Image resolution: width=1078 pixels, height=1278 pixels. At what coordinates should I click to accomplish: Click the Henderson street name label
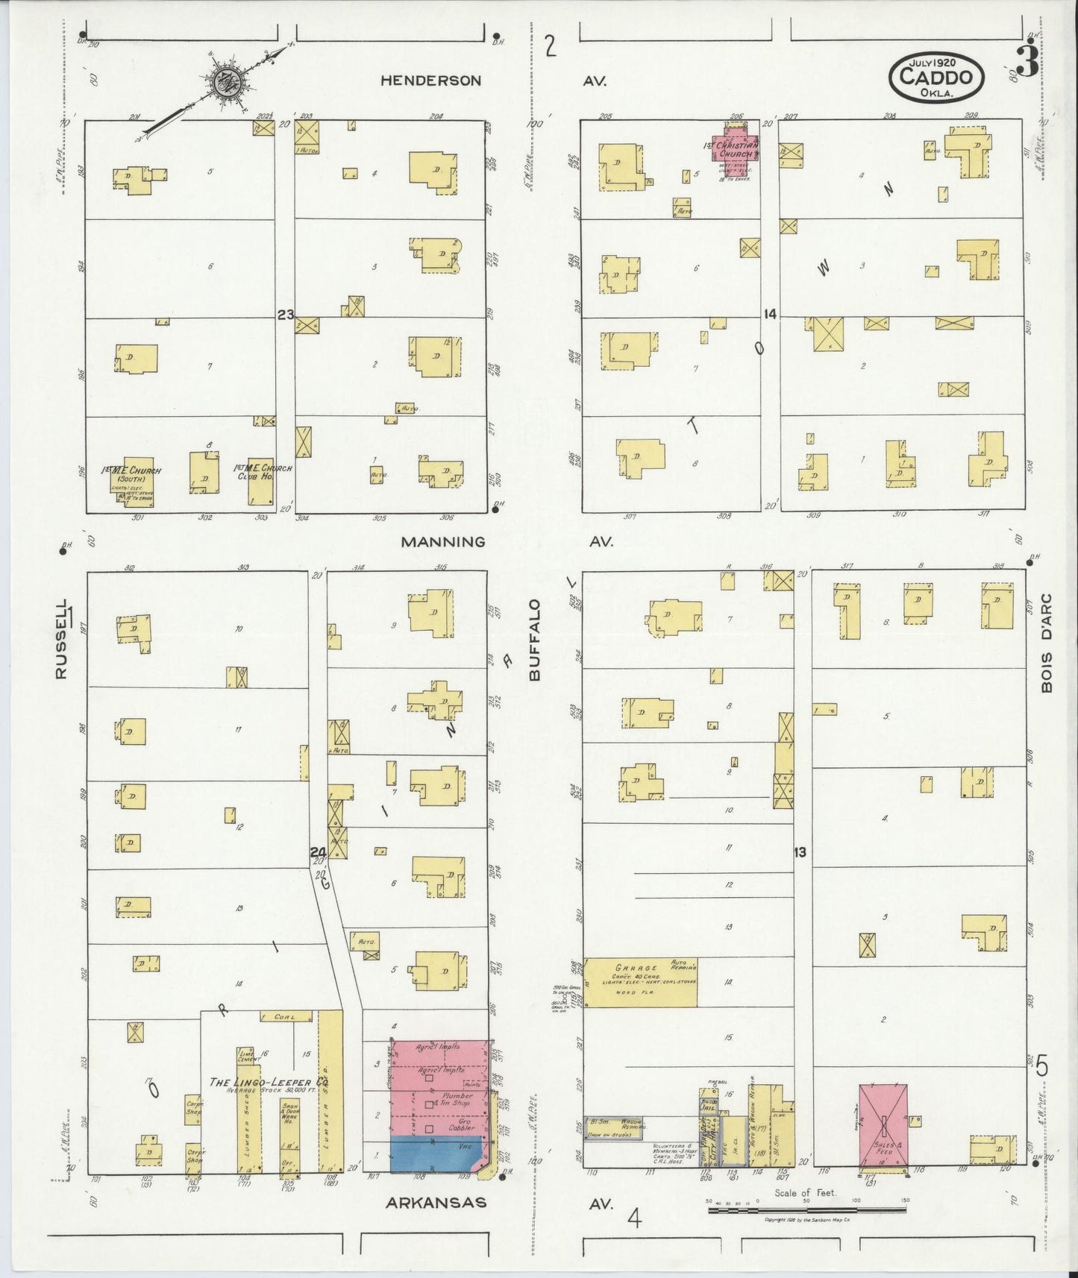pos(430,81)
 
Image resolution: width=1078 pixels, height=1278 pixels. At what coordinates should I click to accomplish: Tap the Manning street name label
pos(442,542)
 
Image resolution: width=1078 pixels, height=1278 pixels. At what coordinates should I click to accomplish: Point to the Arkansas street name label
pos(436,1202)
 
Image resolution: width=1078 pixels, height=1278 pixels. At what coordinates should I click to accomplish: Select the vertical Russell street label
pos(61,639)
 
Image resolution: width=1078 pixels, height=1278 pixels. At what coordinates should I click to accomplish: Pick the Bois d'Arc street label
pos(1046,642)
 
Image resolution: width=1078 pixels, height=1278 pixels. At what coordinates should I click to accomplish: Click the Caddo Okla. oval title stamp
pos(936,76)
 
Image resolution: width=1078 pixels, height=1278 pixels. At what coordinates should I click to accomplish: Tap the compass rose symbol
pos(222,82)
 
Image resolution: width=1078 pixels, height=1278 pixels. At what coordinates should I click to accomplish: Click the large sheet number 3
pos(1027,63)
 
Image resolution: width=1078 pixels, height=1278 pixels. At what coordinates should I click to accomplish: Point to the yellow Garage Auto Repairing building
pos(640,982)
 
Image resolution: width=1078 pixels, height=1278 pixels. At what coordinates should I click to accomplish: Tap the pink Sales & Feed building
pos(883,1129)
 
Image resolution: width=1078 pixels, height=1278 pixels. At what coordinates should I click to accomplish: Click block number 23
pos(285,315)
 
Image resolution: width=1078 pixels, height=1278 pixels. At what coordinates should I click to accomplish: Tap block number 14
pos(770,315)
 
